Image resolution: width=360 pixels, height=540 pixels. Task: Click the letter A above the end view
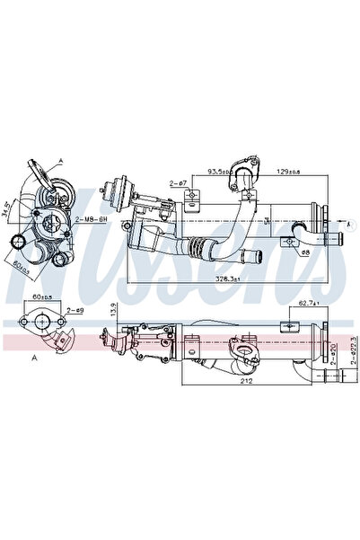[61, 158]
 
